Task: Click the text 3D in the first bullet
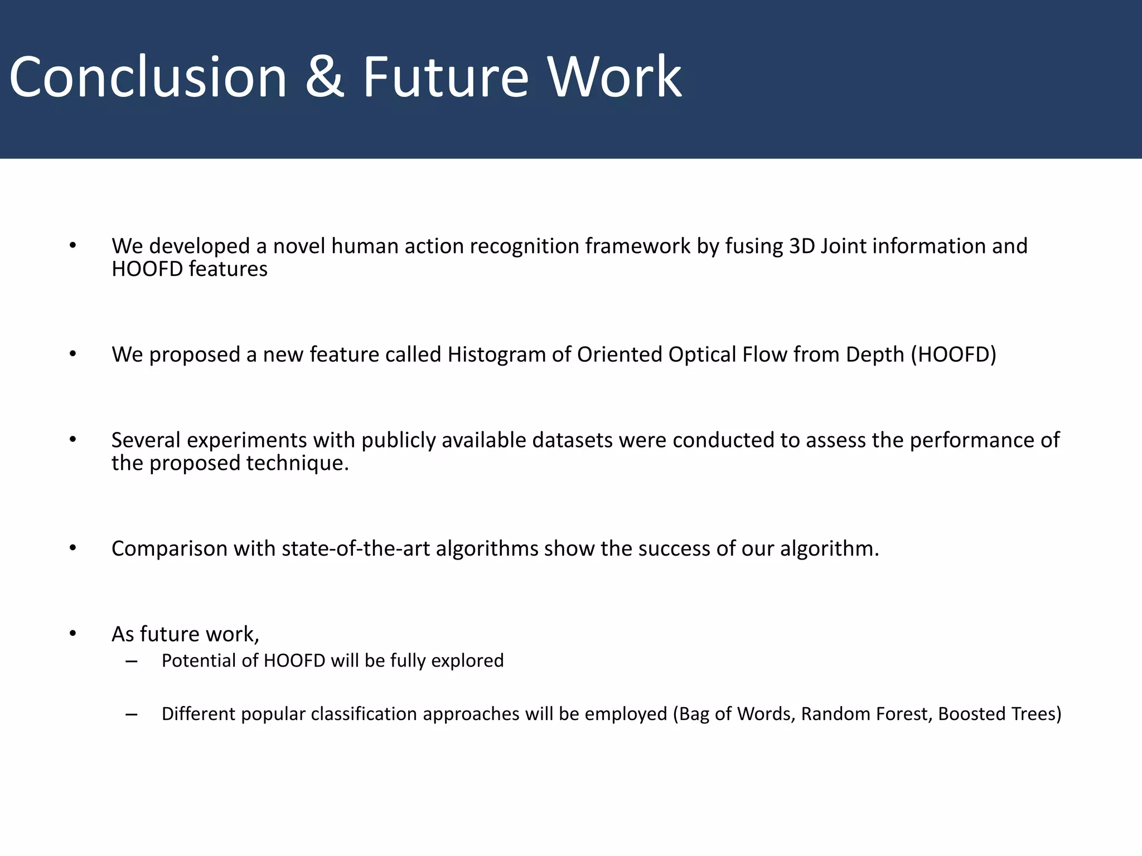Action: point(802,246)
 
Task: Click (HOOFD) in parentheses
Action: point(954,354)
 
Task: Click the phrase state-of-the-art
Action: point(356,548)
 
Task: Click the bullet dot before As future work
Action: point(72,634)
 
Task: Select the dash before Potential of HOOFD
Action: point(132,661)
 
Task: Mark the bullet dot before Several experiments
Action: point(72,440)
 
